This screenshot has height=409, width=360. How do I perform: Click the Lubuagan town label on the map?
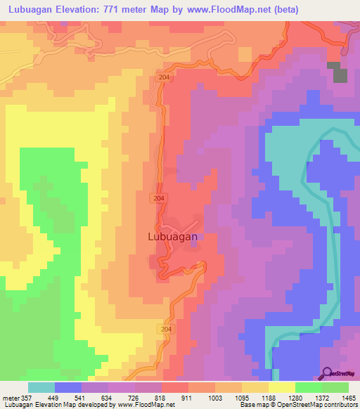click(173, 237)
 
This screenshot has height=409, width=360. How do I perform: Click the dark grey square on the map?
click(340, 73)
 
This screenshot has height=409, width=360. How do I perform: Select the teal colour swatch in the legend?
click(41, 387)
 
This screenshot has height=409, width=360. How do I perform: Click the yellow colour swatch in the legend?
click(281, 387)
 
